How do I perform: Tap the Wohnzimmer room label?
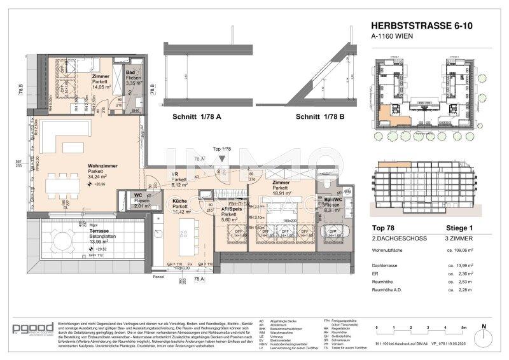[102, 165]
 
